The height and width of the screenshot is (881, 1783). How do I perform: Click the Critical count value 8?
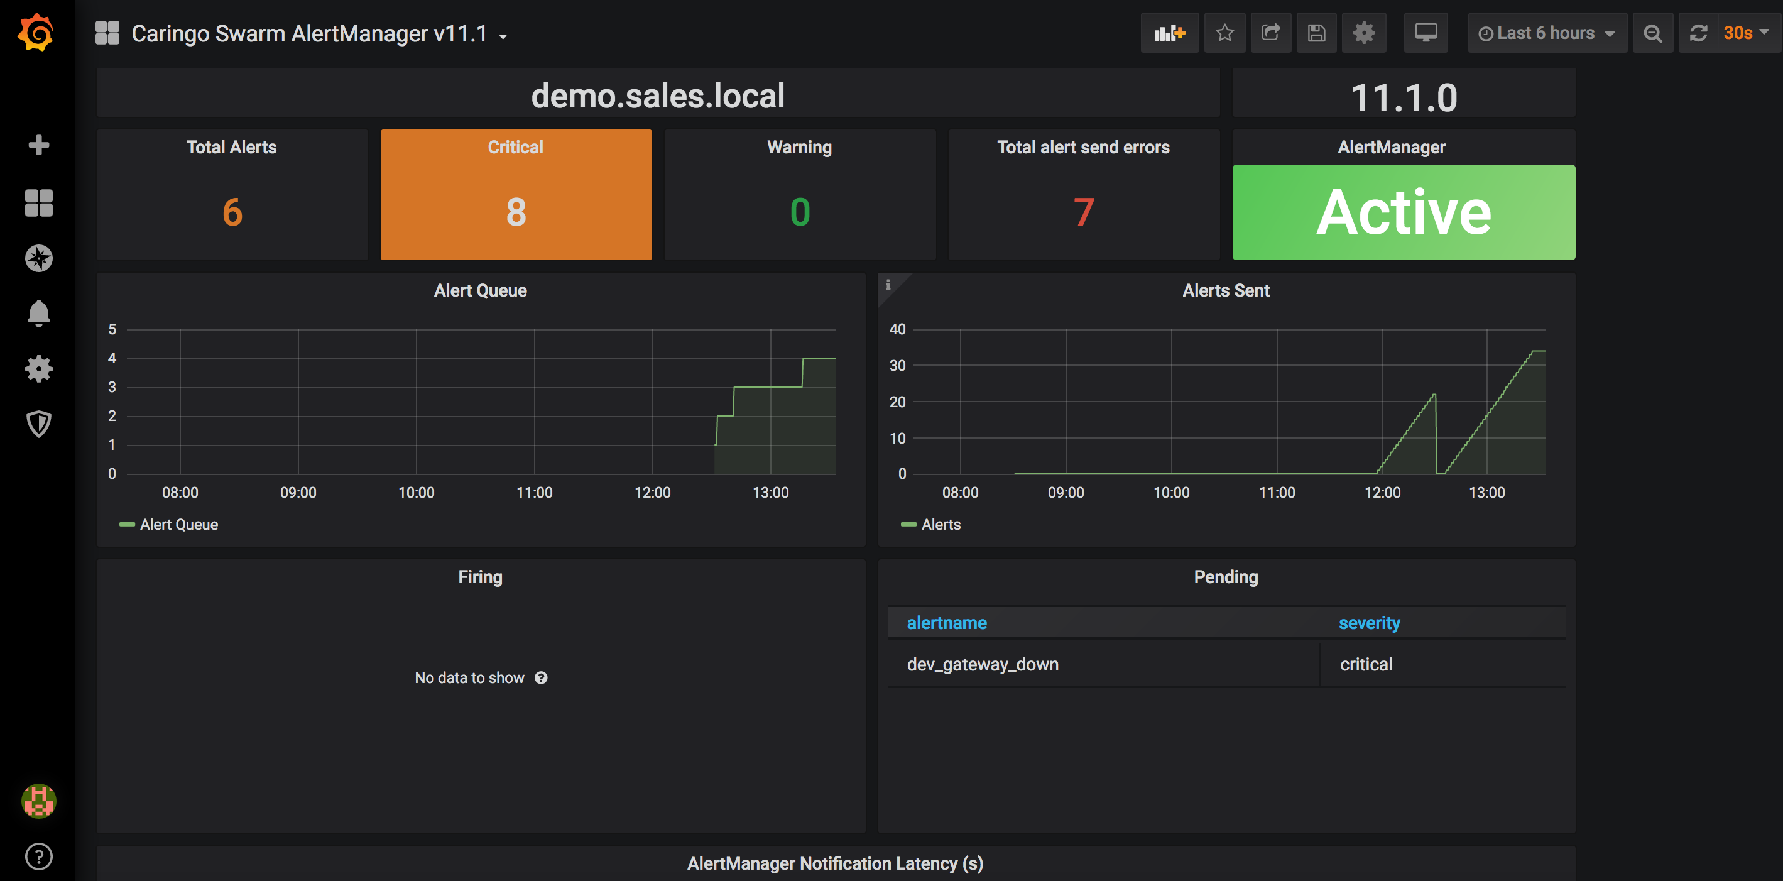point(516,212)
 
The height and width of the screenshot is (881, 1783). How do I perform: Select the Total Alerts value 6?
point(232,212)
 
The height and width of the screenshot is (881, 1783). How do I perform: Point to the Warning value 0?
point(799,212)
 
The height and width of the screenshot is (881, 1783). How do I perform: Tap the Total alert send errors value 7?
point(1083,212)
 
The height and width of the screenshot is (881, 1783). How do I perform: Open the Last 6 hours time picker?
point(1546,33)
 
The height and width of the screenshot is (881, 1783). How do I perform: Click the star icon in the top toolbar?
point(1224,33)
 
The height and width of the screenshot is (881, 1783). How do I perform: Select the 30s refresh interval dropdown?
point(1745,33)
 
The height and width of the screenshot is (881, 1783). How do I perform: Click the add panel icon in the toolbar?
point(1169,33)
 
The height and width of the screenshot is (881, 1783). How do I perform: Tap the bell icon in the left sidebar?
point(39,314)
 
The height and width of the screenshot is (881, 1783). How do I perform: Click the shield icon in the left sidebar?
point(39,424)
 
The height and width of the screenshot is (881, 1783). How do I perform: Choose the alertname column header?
point(947,623)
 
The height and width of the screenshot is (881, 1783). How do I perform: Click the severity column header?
point(1369,623)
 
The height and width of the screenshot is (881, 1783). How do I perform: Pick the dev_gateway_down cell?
point(983,664)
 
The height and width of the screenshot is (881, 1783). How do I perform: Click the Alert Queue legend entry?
point(169,525)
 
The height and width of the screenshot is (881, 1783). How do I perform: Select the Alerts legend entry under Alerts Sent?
point(931,525)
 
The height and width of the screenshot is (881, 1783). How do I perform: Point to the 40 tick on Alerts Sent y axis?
point(897,329)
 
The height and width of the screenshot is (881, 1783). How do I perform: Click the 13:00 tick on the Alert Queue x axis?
point(770,493)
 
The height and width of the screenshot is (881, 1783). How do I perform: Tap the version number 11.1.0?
point(1404,97)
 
